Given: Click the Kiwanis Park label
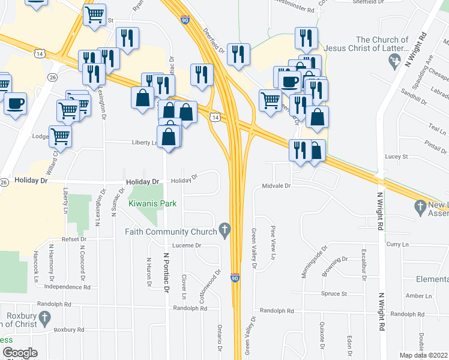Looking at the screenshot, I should (x=152, y=204).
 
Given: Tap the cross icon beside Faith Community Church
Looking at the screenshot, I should (x=224, y=229).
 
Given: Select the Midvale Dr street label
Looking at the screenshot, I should (x=276, y=186).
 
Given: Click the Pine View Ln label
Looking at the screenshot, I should (x=273, y=243).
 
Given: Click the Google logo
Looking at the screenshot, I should (x=20, y=353).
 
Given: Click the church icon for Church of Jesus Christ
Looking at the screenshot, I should (x=394, y=60).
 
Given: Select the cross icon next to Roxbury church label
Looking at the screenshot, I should (x=44, y=317).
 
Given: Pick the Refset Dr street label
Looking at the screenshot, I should (x=74, y=239).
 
